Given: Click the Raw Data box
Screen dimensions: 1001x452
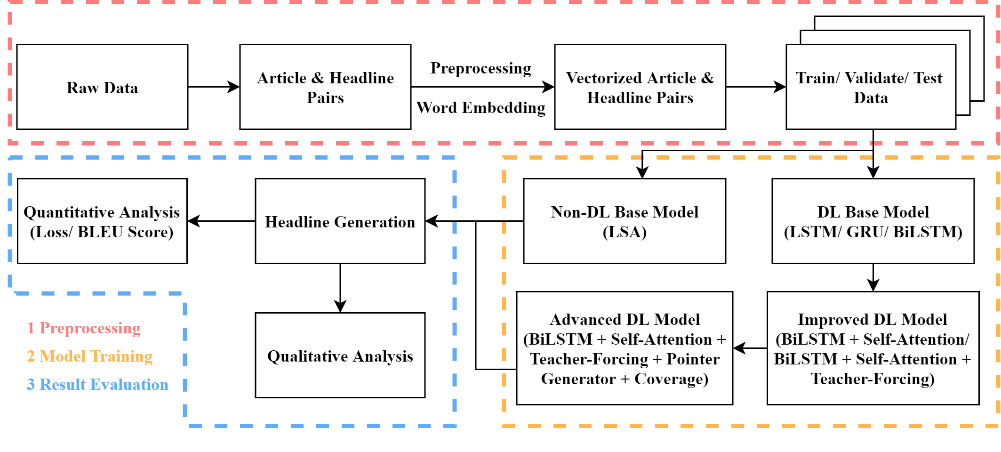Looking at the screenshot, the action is click(102, 87).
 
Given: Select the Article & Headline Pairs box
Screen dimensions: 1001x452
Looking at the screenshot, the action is click(325, 87).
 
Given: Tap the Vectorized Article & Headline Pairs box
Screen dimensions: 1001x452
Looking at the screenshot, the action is click(640, 87).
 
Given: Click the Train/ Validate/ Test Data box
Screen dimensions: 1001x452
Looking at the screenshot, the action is click(871, 87).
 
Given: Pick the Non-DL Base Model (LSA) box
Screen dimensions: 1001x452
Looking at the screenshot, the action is click(625, 221).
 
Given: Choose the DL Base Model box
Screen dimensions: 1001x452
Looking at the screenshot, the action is click(873, 221).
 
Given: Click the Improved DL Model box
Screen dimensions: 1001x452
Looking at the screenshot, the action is click(873, 348).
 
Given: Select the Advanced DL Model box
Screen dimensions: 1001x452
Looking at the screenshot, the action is click(625, 348).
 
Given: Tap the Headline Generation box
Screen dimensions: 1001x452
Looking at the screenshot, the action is click(340, 221).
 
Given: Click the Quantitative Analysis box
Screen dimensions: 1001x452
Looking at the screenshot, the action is click(102, 221).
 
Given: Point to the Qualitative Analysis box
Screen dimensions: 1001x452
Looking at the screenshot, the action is click(340, 355).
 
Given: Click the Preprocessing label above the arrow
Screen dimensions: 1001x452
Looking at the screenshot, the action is click(480, 69).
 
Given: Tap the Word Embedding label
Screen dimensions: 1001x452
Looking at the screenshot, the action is click(480, 108).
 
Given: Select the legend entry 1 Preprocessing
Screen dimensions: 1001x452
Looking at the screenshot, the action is click(84, 328).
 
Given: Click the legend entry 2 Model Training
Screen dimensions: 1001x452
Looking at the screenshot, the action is click(89, 356).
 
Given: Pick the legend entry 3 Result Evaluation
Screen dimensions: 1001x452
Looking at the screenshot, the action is click(97, 385).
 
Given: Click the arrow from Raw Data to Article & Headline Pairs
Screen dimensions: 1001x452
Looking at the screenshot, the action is click(214, 87).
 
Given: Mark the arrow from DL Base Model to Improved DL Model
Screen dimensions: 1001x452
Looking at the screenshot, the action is click(873, 278).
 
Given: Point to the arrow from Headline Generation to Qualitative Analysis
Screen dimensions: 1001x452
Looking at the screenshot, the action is click(340, 288).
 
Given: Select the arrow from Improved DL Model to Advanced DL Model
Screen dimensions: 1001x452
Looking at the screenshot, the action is click(750, 348).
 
